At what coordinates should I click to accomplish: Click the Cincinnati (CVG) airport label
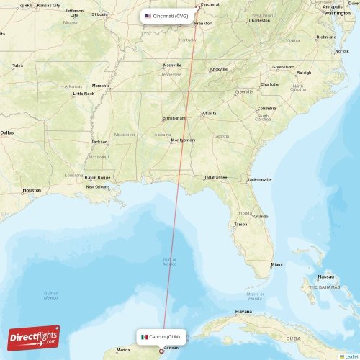tap(167, 16)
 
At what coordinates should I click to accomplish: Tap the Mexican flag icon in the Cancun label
tap(145, 336)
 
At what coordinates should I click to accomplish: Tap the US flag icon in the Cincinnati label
tap(148, 16)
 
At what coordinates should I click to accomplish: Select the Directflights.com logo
tap(34, 337)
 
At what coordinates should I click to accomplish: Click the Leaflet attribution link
tap(351, 356)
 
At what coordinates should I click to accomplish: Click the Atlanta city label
tap(209, 113)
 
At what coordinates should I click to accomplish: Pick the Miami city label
tap(276, 265)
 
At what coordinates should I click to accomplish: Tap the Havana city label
tap(243, 312)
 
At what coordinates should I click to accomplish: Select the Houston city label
tap(32, 190)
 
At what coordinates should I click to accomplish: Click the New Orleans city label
tap(97, 186)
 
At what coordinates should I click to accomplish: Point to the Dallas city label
tap(6, 132)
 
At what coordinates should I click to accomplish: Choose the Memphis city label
tap(101, 86)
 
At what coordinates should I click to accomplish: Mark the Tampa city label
tap(240, 224)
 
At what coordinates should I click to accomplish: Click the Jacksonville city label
tap(259, 179)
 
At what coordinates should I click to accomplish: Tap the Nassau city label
tap(326, 276)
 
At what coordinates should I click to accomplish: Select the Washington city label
tap(337, 13)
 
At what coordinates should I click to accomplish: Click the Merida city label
tap(113, 351)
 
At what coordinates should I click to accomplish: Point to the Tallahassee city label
tap(215, 176)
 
